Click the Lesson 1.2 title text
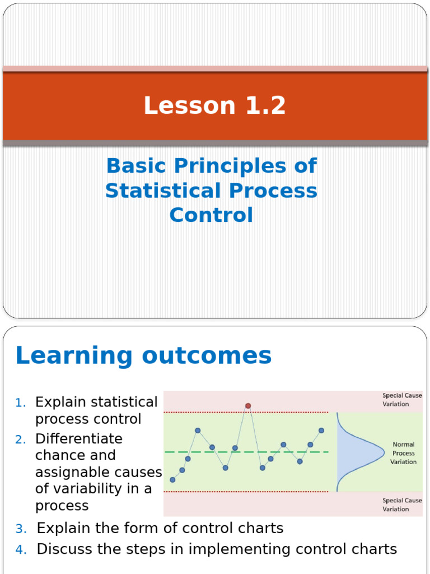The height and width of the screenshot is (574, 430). point(214,105)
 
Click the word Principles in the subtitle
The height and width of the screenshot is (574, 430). point(230,166)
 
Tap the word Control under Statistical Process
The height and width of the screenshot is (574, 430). point(211,215)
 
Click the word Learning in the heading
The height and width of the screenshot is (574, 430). point(74,356)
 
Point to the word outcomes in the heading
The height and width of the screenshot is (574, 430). point(207,355)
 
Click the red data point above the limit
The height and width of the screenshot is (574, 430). point(248,406)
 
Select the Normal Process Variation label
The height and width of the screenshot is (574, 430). point(403,453)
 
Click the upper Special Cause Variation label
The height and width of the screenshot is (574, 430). point(402,399)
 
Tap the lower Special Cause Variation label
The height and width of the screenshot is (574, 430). point(402,504)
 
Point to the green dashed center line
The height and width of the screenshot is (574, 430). point(246,452)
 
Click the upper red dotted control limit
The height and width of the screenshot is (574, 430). point(246,413)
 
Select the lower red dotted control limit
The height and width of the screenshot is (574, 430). point(246,492)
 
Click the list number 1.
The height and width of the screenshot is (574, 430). point(20,403)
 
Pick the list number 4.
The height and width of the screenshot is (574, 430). point(21,549)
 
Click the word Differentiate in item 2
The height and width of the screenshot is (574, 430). point(78,438)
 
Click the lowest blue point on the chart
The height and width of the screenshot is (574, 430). point(172,480)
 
